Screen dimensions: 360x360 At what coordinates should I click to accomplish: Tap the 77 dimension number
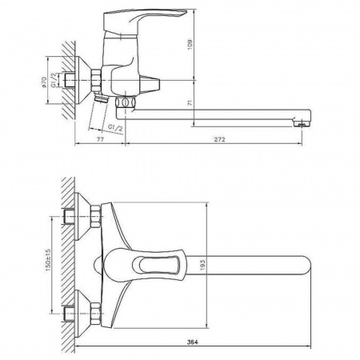(x=100, y=139)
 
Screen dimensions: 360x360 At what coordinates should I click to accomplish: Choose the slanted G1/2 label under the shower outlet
(x=114, y=127)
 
